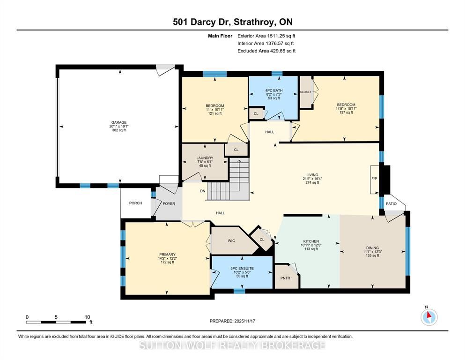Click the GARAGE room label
pos(118,122)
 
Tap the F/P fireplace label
pos(374,179)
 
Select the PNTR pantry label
pos(285,278)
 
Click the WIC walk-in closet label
pos(231,240)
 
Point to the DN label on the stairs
pos(203,191)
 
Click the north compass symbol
pos(429,317)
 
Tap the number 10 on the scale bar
pos(87,317)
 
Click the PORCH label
pos(135,203)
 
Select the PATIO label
pos(391,203)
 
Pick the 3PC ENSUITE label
pos(242,268)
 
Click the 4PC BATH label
pos(274,90)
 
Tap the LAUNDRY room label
pos(205,158)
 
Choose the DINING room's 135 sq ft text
pos(372,255)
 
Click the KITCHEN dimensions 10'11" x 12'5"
pos(311,245)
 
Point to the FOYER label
pos(169,203)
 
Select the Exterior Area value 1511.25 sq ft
pos(281,36)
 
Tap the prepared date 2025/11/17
pos(244,321)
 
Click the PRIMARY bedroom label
pos(167,255)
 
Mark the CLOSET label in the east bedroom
pos(305,92)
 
